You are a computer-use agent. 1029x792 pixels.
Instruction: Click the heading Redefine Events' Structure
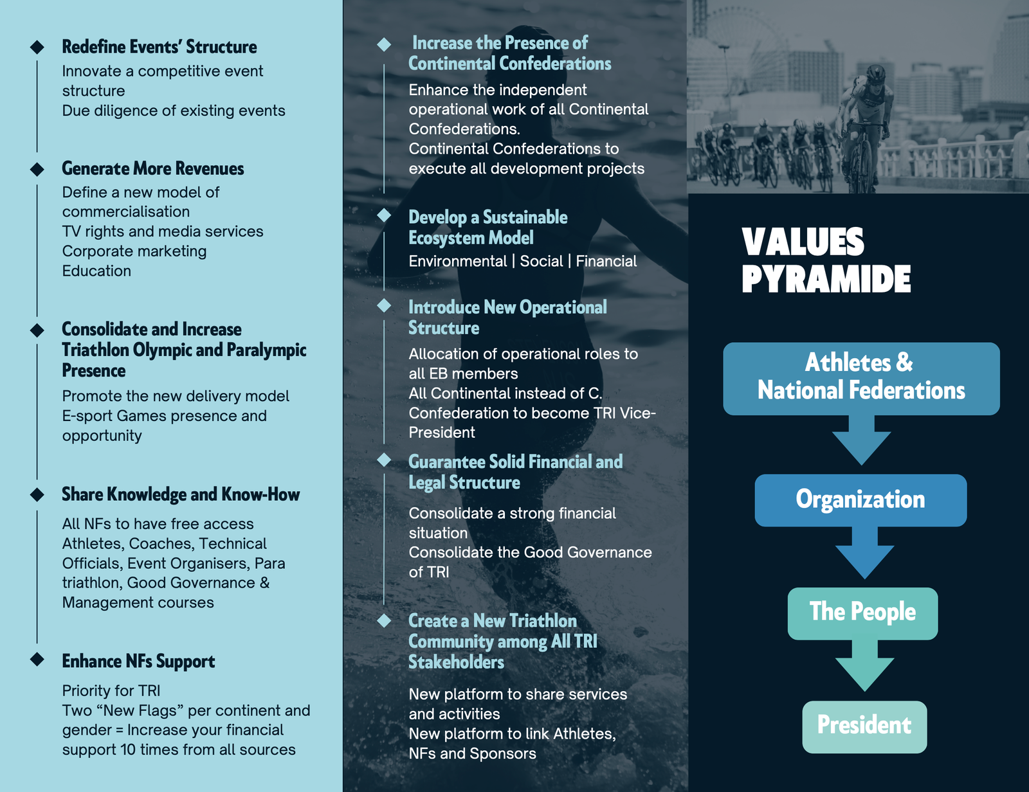(x=159, y=47)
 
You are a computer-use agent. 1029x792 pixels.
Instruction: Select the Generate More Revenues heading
(x=153, y=168)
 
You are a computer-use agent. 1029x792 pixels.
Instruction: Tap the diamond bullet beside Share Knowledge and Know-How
(x=37, y=494)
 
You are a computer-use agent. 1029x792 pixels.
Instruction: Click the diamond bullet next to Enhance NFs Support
(x=37, y=659)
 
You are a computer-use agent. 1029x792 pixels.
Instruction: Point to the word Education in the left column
(x=96, y=271)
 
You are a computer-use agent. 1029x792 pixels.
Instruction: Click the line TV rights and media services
(x=163, y=231)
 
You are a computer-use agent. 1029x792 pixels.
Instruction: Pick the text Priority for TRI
(x=111, y=691)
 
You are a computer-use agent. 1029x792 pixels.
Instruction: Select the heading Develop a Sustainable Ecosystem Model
(x=487, y=228)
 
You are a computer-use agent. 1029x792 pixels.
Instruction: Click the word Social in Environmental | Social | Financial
(x=542, y=261)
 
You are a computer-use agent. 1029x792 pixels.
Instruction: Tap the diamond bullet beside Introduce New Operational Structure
(x=384, y=305)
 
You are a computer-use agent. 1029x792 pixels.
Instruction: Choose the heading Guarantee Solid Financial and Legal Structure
(x=515, y=472)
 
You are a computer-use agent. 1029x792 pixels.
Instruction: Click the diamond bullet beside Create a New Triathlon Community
(x=384, y=620)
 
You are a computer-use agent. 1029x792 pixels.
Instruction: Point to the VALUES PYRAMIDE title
(x=826, y=260)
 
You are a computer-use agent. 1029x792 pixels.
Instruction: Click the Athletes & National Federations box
(x=861, y=379)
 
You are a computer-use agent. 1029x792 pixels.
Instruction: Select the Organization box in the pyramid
(x=861, y=500)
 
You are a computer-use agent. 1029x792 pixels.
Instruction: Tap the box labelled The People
(x=863, y=614)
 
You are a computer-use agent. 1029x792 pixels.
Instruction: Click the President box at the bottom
(x=865, y=726)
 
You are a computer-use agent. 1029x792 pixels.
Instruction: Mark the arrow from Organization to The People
(x=865, y=553)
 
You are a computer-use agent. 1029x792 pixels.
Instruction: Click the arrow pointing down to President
(x=865, y=665)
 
